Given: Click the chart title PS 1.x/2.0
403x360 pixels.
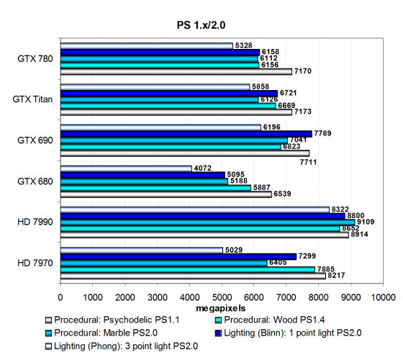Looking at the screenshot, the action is tap(201, 25).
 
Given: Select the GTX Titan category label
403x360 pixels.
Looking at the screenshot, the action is tap(32, 99).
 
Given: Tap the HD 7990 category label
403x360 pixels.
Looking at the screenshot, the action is tap(35, 222).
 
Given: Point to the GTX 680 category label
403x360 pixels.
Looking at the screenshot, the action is tap(35, 181).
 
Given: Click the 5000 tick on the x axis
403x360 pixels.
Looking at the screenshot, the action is tap(222, 297).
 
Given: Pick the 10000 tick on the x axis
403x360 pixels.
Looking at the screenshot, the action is tap(383, 297).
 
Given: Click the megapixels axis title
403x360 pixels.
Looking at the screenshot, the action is tap(221, 308).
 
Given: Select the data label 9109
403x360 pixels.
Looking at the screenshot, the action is tap(366, 222).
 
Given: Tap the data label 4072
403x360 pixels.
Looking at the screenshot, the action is tap(202, 168).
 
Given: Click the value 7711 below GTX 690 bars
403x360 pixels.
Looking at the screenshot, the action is tap(308, 162).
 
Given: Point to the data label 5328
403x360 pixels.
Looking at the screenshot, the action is tap(244, 45).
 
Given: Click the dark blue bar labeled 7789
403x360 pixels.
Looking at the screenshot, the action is tap(186, 134).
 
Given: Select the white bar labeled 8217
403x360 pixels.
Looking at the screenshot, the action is tap(193, 276).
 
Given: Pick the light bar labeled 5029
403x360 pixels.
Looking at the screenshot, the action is tap(142, 251).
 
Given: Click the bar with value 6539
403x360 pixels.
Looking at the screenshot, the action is tap(166, 194).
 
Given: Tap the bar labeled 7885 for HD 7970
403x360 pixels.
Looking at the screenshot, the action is tap(188, 269).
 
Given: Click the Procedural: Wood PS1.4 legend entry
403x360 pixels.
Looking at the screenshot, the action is tap(270, 320).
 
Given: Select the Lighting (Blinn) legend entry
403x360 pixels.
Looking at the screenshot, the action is tap(288, 333).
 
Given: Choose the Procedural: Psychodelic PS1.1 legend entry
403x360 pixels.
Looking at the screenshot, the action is tap(112, 320).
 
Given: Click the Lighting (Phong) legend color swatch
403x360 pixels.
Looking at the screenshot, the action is tap(48, 346).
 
